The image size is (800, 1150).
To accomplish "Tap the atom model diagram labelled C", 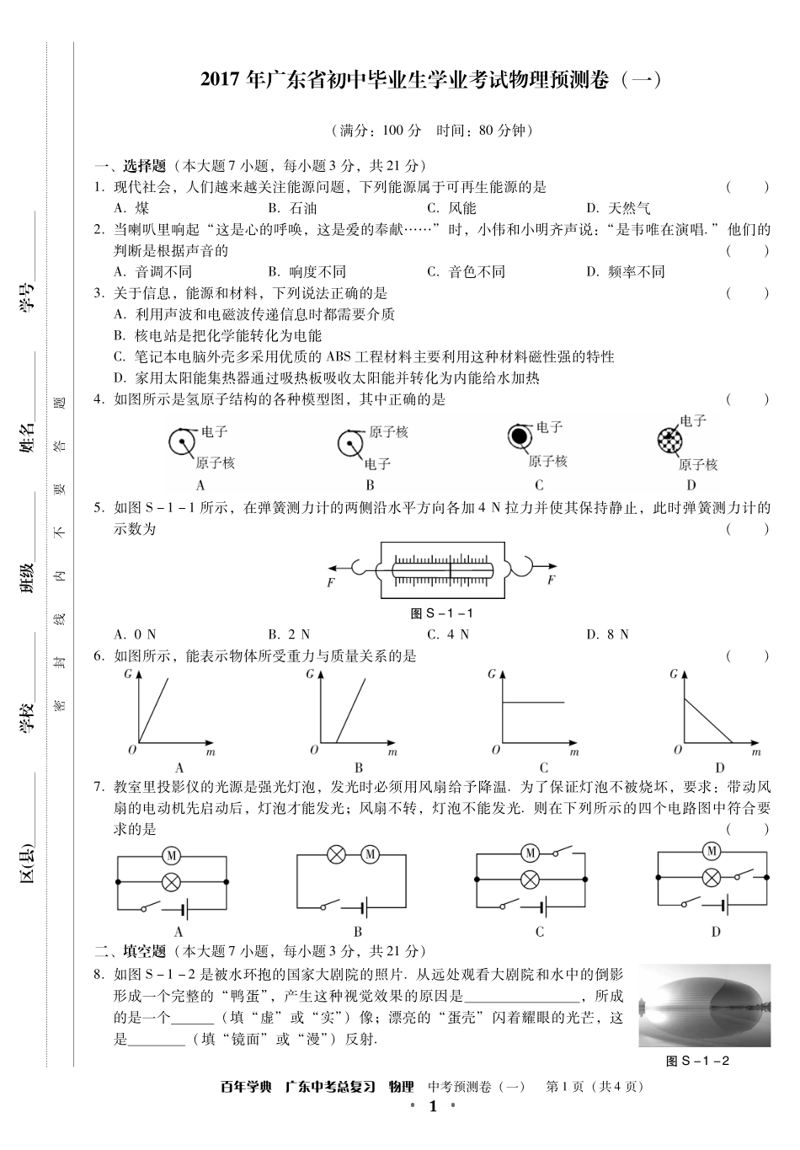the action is (520, 436).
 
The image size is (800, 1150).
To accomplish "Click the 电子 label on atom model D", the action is (692, 421).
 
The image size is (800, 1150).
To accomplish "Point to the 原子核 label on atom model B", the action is (388, 432).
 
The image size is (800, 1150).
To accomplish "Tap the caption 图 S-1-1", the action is (442, 613).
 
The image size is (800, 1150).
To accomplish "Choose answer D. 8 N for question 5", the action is (607, 634).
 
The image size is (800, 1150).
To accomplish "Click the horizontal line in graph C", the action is (533, 701).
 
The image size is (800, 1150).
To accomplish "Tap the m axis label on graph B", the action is (392, 752).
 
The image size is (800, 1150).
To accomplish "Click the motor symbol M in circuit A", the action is (171, 856).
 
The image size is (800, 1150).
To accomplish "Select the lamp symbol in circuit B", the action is (336, 855).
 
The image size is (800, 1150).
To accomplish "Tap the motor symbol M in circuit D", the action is (712, 850).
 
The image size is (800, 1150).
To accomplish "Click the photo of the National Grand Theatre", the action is (704, 1005).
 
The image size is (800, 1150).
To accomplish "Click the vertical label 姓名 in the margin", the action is (28, 437).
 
